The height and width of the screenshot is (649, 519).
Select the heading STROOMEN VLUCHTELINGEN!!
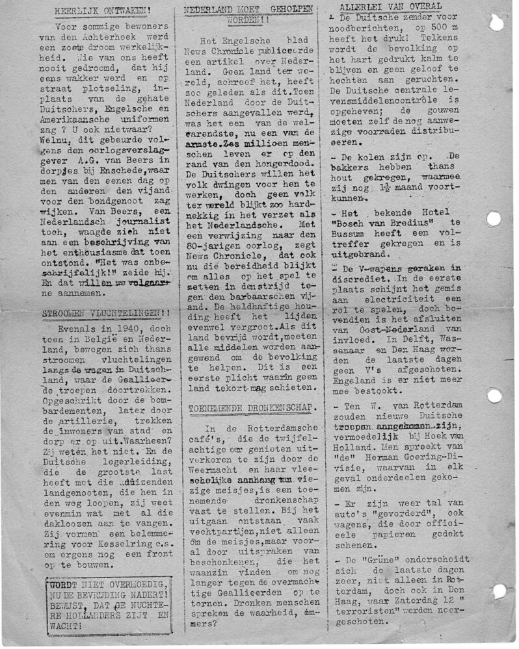(107, 313)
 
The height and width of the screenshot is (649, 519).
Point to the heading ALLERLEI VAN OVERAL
(390, 6)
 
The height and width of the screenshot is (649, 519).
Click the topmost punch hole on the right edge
(496, 23)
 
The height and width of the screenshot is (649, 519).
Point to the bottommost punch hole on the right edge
(499, 591)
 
